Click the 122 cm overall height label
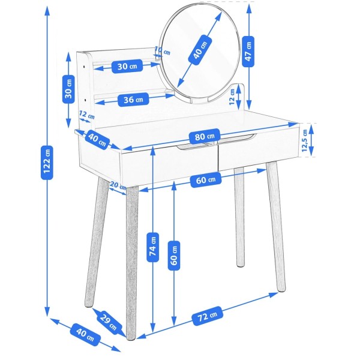point(47,163)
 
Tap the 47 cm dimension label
point(248,52)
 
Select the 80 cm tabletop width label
point(205,136)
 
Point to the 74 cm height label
point(152,247)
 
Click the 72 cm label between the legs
point(208,316)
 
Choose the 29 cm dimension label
point(109,320)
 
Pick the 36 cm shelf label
point(133,100)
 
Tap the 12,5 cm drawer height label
point(304,140)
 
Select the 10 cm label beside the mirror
point(163,51)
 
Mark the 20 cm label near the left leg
point(118,185)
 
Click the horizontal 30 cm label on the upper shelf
point(127,67)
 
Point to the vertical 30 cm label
point(68,88)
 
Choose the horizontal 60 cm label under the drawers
point(206,180)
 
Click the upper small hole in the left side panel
point(84,67)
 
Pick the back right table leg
point(239,217)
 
